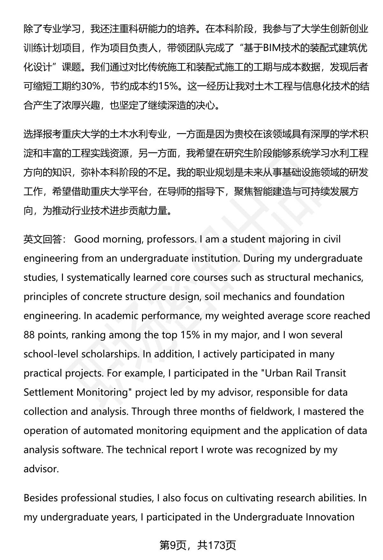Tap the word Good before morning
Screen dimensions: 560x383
[x=87, y=239]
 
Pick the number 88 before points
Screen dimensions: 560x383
[x=29, y=335]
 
